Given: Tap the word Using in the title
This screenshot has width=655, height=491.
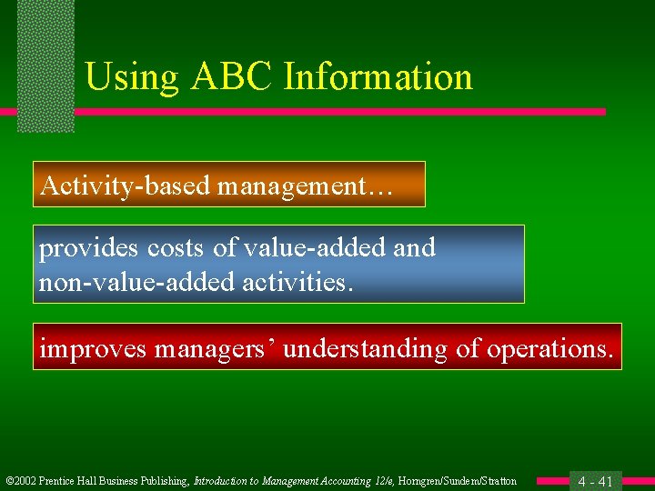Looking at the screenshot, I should (133, 78).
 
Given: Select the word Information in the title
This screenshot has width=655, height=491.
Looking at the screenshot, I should (378, 77).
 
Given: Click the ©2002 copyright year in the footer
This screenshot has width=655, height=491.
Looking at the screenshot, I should (19, 481).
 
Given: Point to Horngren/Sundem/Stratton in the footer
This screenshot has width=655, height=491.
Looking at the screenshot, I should (458, 481).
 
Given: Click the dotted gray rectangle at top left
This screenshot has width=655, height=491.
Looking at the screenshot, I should (45, 64).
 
